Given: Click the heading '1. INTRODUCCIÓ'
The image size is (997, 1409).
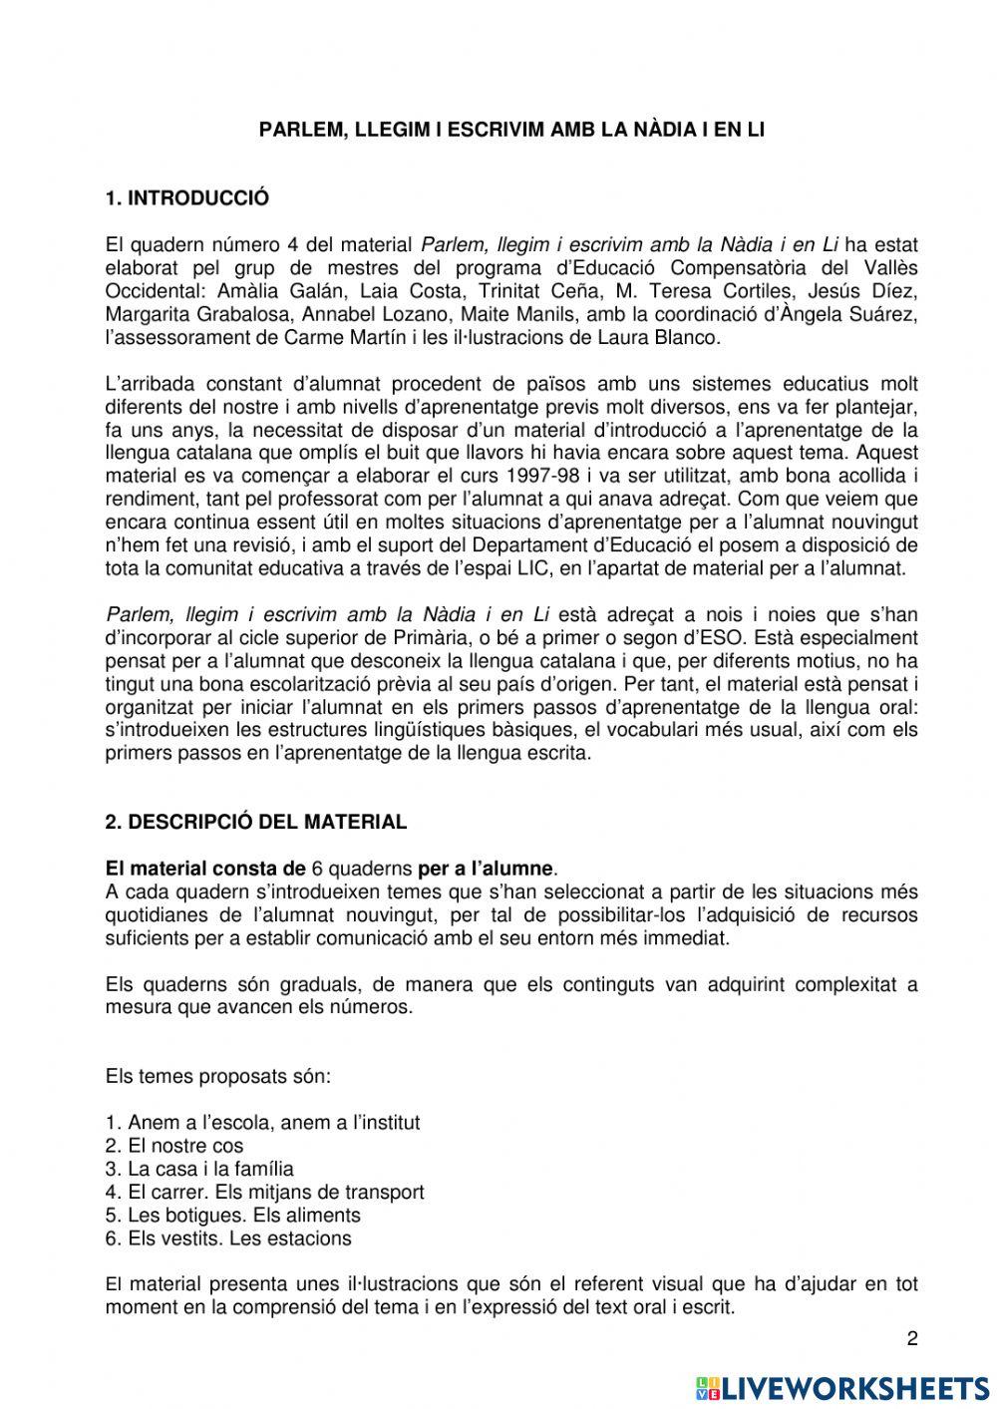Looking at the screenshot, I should pyautogui.click(x=186, y=198).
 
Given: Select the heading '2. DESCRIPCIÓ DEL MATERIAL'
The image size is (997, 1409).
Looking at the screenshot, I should pyautogui.click(x=255, y=823).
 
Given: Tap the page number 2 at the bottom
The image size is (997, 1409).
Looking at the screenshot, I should pyautogui.click(x=911, y=1339).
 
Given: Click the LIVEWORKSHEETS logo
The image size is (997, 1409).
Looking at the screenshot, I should pyautogui.click(x=842, y=1387).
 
